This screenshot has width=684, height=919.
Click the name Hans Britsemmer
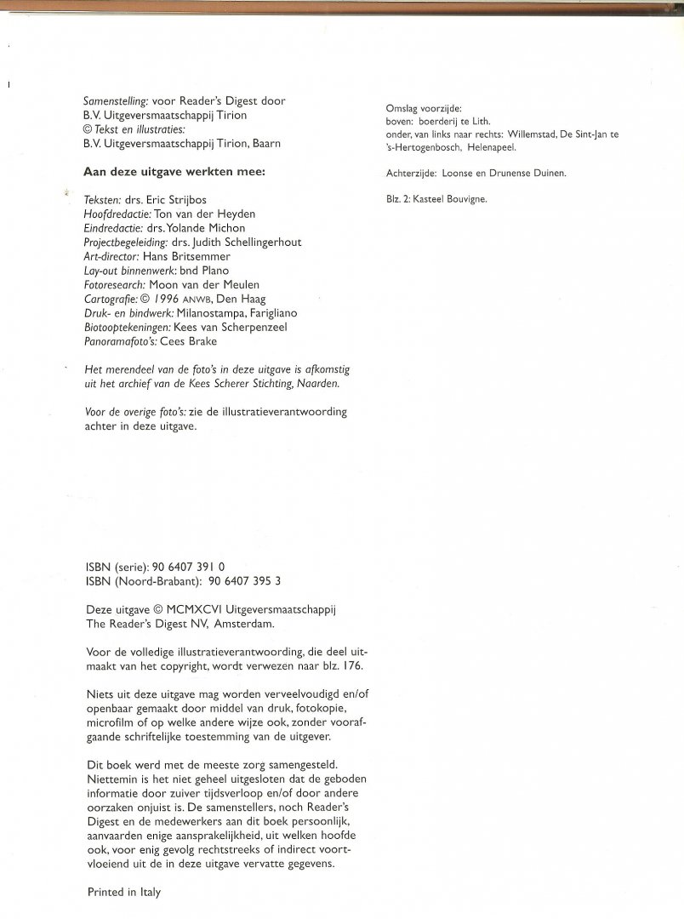182,255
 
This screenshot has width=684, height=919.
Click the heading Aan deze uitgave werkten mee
174,170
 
